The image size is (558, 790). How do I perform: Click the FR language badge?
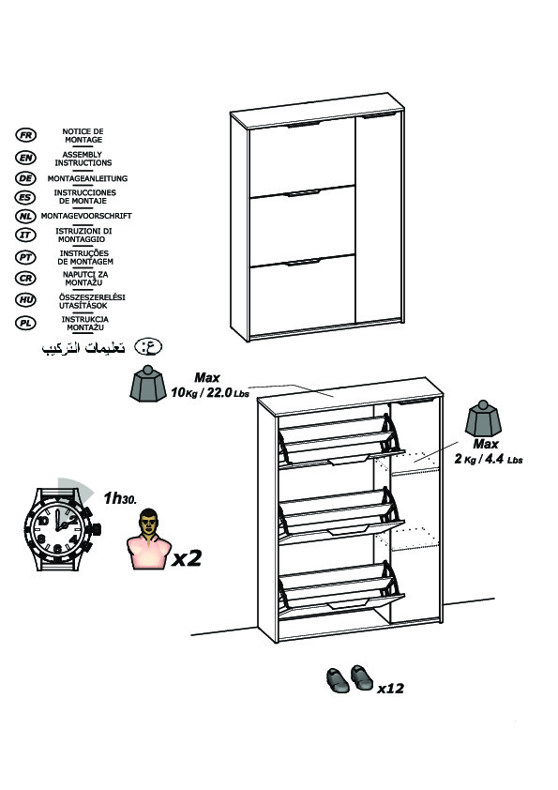[x=25, y=135]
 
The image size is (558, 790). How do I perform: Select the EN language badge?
[x=25, y=158]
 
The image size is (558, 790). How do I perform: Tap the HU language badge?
[x=25, y=300]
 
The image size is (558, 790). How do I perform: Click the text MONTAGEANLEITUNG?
[x=87, y=178]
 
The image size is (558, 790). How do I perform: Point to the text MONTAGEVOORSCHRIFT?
[x=86, y=216]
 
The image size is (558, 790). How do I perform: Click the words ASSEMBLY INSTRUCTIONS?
[x=83, y=159]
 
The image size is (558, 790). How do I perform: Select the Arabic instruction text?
[x=83, y=348]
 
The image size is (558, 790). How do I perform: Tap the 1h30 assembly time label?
[x=120, y=498]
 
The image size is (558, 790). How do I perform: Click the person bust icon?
[x=148, y=539]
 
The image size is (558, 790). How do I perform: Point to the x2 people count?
[x=187, y=557]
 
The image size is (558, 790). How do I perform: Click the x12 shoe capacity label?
[x=390, y=689]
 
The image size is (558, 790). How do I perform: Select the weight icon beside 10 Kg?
[x=148, y=384]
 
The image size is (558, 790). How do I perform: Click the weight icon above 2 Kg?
[x=484, y=418]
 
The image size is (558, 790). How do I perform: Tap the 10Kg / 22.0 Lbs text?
[x=210, y=392]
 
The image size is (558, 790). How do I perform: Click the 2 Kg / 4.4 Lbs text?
[x=489, y=459]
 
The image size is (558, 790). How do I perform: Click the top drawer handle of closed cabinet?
[x=304, y=124]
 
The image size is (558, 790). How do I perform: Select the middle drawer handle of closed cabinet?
[x=304, y=192]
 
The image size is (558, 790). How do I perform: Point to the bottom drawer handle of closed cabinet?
[x=304, y=262]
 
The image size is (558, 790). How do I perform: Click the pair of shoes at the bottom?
[x=350, y=678]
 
